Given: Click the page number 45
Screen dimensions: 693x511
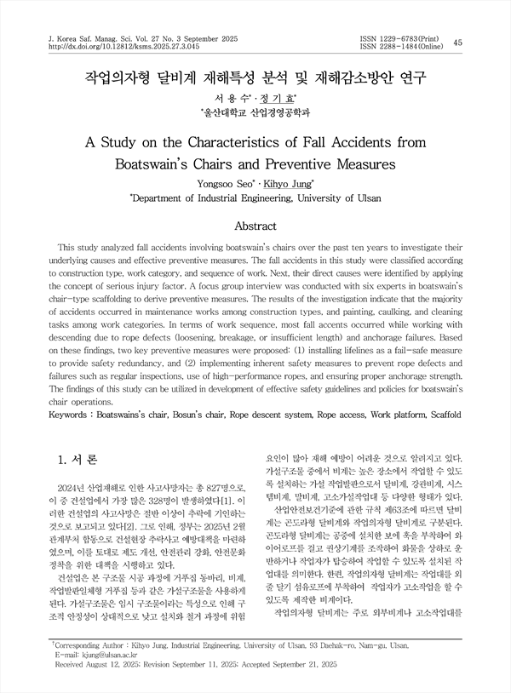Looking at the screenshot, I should point(459,43).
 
